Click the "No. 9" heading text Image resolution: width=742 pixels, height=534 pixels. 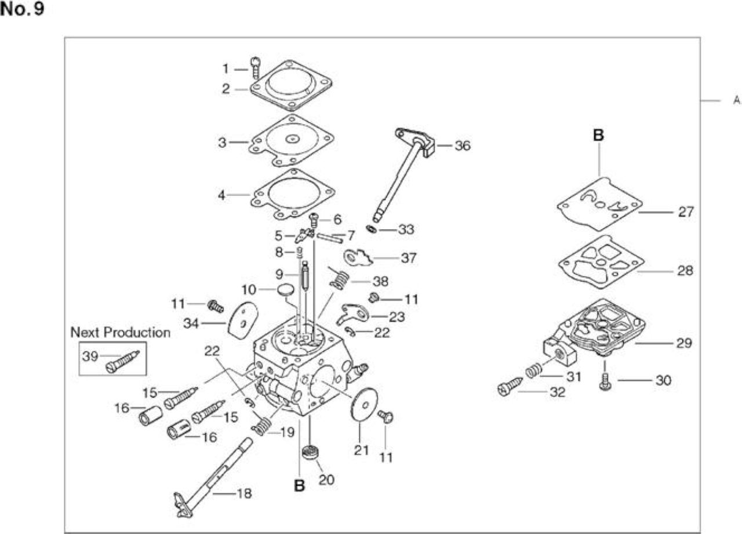[22, 9]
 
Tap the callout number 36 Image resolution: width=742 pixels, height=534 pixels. [463, 146]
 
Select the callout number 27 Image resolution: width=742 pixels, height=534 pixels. [686, 212]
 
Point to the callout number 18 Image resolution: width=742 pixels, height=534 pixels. [245, 493]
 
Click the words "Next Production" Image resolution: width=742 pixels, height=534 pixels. [121, 332]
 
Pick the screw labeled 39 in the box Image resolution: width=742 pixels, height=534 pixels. [122, 362]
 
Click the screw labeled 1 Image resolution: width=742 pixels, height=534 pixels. [256, 68]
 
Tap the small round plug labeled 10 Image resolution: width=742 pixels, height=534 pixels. [286, 289]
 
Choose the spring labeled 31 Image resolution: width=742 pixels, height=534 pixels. [534, 370]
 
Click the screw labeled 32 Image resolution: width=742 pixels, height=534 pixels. [510, 387]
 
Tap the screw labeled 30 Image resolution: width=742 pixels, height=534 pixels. [605, 382]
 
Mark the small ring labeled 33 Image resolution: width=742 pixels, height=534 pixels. [371, 228]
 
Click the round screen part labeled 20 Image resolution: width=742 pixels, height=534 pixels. [310, 452]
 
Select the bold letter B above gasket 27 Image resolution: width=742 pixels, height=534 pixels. [598, 135]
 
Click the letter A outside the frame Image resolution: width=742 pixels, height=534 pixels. [736, 100]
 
